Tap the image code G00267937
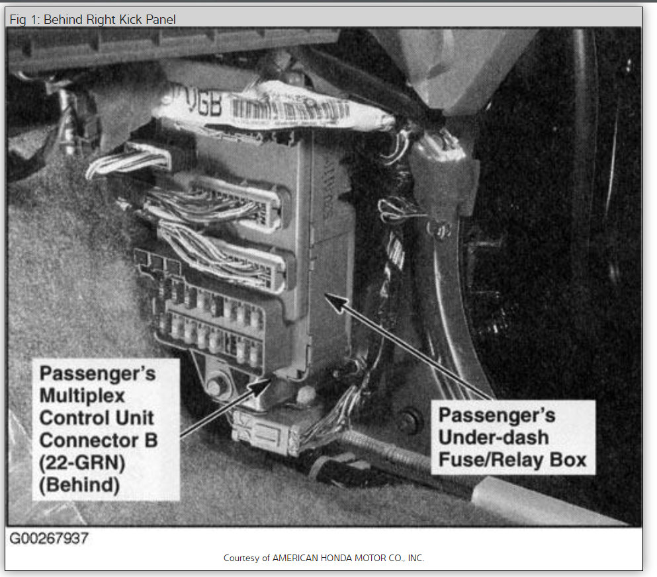click(48, 538)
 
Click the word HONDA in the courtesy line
click(335, 558)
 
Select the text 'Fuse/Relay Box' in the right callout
click(513, 459)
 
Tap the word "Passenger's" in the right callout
click(498, 415)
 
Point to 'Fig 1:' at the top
click(26, 19)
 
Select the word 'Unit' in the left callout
click(137, 418)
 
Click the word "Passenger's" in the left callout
click(97, 373)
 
